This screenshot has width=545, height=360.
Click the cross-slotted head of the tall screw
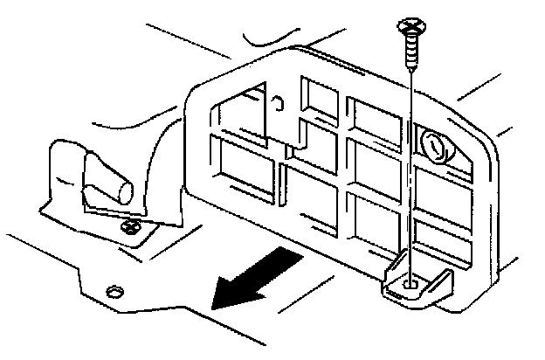click(410, 24)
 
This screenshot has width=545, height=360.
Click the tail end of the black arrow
click(288, 259)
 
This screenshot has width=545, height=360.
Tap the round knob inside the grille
click(434, 144)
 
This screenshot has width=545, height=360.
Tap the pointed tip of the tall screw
click(410, 72)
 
